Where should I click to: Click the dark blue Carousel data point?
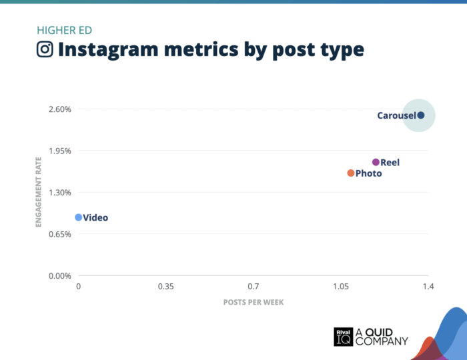(x=420, y=115)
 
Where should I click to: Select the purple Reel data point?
(x=376, y=162)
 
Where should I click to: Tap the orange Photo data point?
(x=351, y=173)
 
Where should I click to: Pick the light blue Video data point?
(x=79, y=217)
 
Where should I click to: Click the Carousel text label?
(x=396, y=115)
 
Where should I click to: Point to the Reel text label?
(x=390, y=162)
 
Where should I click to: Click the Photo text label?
(x=369, y=173)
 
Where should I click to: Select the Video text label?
(x=95, y=217)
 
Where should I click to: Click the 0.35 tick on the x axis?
(x=166, y=287)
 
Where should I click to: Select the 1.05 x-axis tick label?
(x=341, y=287)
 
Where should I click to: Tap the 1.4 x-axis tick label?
(x=428, y=287)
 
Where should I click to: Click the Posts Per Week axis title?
(x=253, y=302)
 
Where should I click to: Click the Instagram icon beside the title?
(x=45, y=49)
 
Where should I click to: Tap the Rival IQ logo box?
(x=343, y=337)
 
